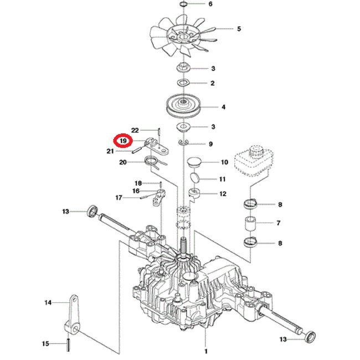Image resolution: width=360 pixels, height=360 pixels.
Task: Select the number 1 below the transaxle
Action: pyautogui.click(x=205, y=351)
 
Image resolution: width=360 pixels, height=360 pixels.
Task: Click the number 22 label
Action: pyautogui.click(x=135, y=131)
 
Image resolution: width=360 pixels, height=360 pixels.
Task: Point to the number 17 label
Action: pyautogui.click(x=118, y=197)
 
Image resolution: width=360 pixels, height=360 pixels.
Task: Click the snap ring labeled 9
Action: pyautogui.click(x=184, y=143)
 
